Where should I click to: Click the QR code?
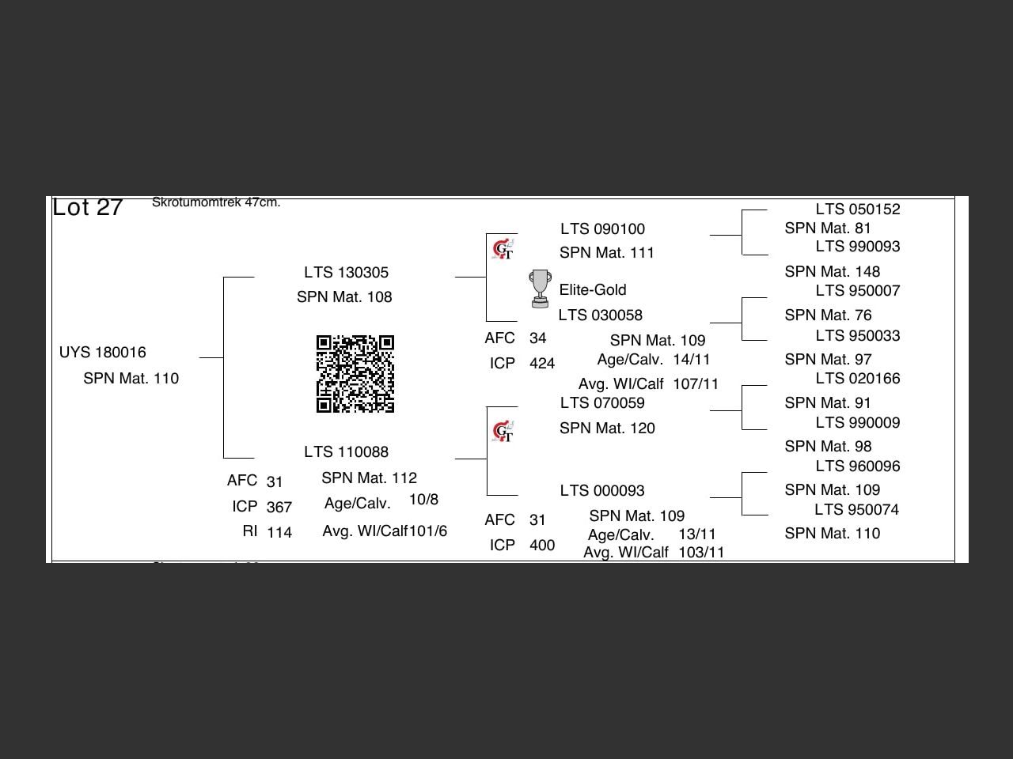pyautogui.click(x=355, y=374)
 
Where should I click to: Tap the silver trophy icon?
pyautogui.click(x=540, y=289)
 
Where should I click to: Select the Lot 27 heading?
pyautogui.click(x=88, y=207)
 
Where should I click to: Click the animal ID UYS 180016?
pyautogui.click(x=103, y=353)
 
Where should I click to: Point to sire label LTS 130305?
pyautogui.click(x=346, y=273)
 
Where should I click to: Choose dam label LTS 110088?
pyautogui.click(x=346, y=452)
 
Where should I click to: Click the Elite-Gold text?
pyautogui.click(x=593, y=290)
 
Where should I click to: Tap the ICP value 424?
pyautogui.click(x=542, y=364)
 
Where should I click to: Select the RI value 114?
pyautogui.click(x=279, y=533)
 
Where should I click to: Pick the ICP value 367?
pyautogui.click(x=279, y=508)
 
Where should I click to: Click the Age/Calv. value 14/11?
pyautogui.click(x=692, y=360)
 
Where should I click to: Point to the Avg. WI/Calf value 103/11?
pyautogui.click(x=701, y=553)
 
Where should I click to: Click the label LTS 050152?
pyautogui.click(x=858, y=210)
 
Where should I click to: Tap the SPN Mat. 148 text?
pyautogui.click(x=832, y=272)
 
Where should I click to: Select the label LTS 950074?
pyautogui.click(x=857, y=510)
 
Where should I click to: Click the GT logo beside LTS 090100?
pyautogui.click(x=503, y=250)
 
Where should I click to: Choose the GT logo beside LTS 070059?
pyautogui.click(x=503, y=432)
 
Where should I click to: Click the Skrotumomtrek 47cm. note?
pyautogui.click(x=216, y=202)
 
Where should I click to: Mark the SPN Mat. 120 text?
pyautogui.click(x=607, y=429)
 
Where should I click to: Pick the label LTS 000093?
pyautogui.click(x=602, y=491)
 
